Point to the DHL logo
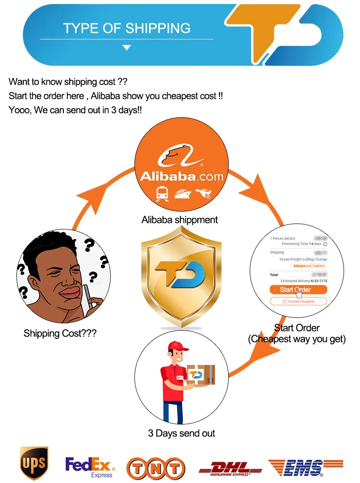click(230, 467)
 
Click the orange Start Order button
click(298, 290)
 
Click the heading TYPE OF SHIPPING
click(127, 28)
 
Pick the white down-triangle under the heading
click(127, 47)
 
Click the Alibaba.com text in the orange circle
click(181, 176)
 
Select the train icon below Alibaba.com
click(161, 194)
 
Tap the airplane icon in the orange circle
click(203, 194)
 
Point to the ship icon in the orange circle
click(182, 194)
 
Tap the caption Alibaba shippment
click(180, 220)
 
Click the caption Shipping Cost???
click(60, 333)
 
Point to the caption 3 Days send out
click(181, 433)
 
